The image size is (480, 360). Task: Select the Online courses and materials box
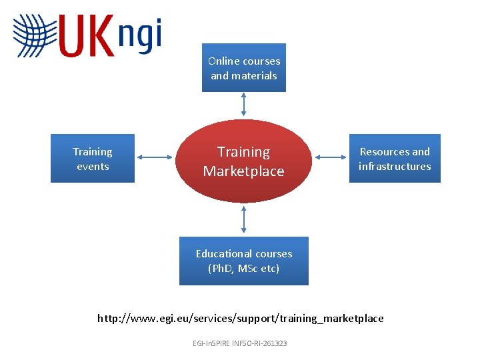[x=244, y=68]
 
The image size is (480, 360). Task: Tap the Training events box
[x=93, y=159]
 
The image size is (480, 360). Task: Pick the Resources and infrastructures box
[x=395, y=159]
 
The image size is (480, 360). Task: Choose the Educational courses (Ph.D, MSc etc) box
[x=244, y=261]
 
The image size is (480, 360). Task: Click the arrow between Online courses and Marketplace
[x=244, y=105]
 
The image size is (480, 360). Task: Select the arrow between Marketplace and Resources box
[x=331, y=157]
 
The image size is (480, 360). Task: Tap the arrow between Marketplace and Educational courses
[x=244, y=219]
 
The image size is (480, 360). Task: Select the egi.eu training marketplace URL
[x=241, y=318]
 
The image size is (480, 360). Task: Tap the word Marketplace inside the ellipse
[x=244, y=171]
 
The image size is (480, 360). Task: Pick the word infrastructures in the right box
[x=395, y=167]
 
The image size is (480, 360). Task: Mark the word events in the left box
[x=93, y=167]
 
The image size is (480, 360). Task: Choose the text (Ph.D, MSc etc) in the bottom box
[x=244, y=269]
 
